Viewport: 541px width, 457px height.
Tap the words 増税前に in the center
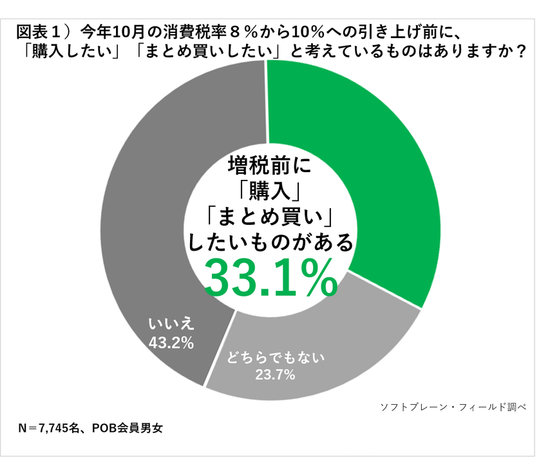click(270, 167)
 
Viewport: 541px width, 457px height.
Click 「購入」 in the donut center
click(270, 191)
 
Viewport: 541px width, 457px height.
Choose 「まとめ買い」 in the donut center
click(270, 217)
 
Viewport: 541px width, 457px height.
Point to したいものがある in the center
click(270, 242)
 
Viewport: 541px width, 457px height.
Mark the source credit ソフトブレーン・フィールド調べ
click(453, 406)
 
